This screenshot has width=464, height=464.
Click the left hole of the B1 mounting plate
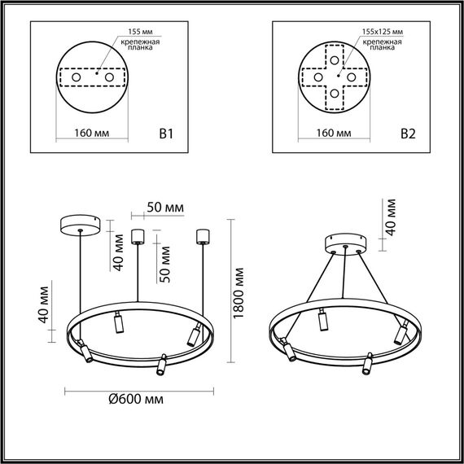pyautogui.click(x=76, y=77)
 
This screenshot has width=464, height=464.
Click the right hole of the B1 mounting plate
pyautogui.click(x=107, y=77)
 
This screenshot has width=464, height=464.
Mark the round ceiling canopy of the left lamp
pyautogui.click(x=80, y=224)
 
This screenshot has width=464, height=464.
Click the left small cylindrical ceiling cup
pyautogui.click(x=138, y=236)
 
